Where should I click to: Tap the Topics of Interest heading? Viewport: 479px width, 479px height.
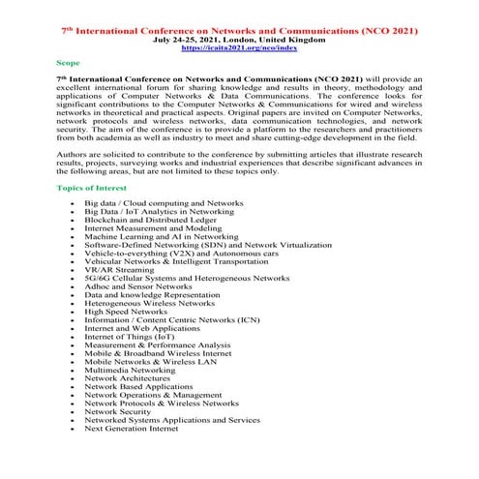click(93, 186)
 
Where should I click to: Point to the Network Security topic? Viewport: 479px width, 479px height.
click(124, 411)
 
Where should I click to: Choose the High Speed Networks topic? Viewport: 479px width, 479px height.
click(126, 312)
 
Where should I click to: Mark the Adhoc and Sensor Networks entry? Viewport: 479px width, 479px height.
click(137, 286)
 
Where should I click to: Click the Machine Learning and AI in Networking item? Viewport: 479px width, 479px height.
click(161, 236)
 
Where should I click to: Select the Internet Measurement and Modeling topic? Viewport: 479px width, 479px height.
click(152, 227)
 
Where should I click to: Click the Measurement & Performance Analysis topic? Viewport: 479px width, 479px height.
click(157, 344)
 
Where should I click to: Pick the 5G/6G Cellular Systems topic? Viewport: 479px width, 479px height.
click(186, 278)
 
